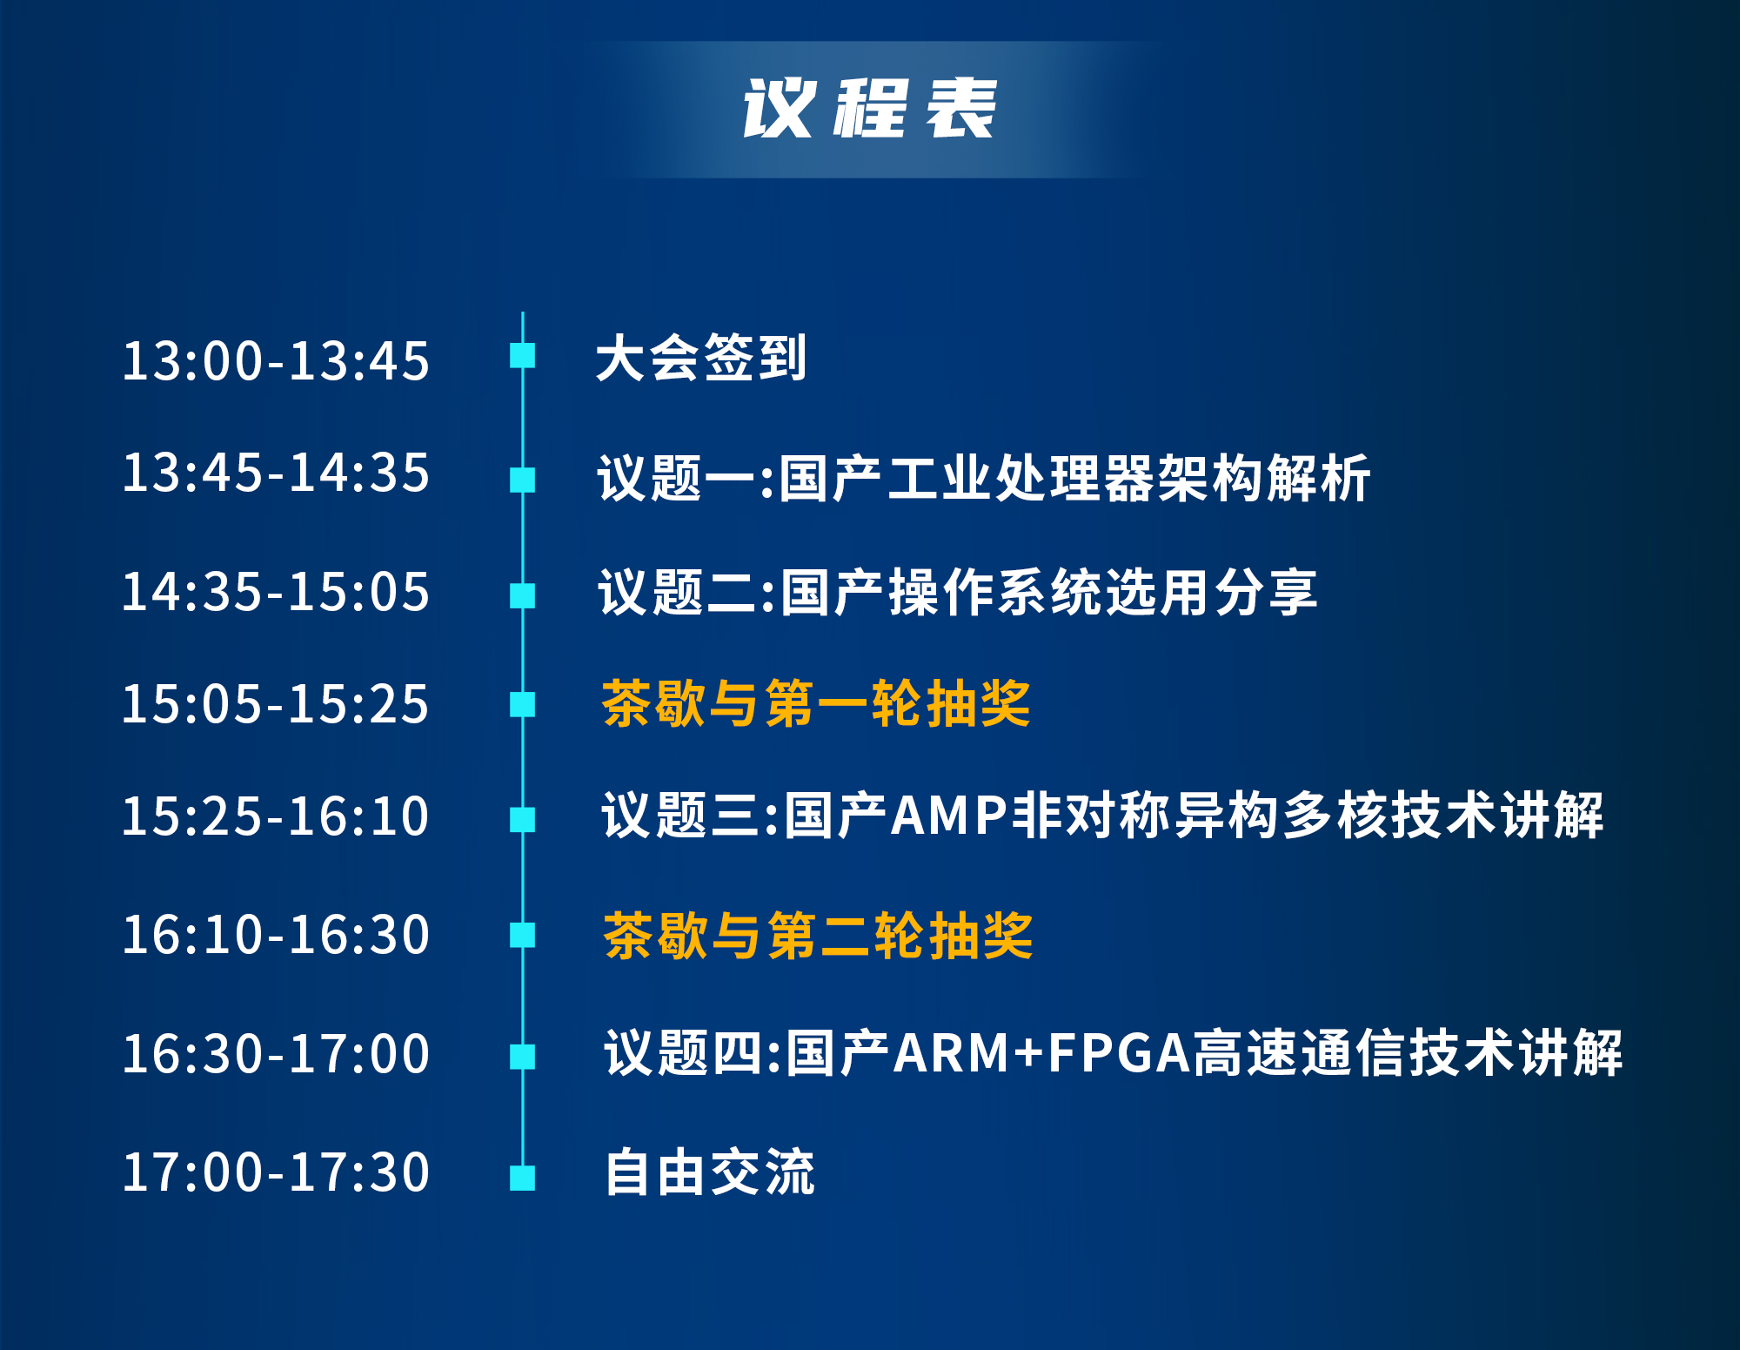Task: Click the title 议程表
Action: pyautogui.click(x=869, y=108)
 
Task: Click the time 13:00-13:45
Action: pyautogui.click(x=276, y=360)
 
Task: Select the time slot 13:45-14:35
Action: pyautogui.click(x=276, y=473)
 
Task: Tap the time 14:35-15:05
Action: pyautogui.click(x=276, y=592)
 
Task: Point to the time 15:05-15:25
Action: pyautogui.click(x=276, y=703)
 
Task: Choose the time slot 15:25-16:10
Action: pyautogui.click(x=276, y=816)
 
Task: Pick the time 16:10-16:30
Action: pyautogui.click(x=276, y=935)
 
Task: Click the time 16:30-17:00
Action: pyautogui.click(x=276, y=1054)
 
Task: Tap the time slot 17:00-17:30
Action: pyautogui.click(x=276, y=1172)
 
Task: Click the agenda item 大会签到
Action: pyautogui.click(x=701, y=358)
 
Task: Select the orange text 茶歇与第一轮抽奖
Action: pyautogui.click(x=816, y=703)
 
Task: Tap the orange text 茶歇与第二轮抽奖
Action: pyautogui.click(x=818, y=936)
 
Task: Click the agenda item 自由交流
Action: pyautogui.click(x=710, y=1172)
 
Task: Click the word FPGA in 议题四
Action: pyautogui.click(x=1119, y=1053)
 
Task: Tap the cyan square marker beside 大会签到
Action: pyautogui.click(x=522, y=355)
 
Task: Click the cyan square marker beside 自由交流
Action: pyautogui.click(x=522, y=1178)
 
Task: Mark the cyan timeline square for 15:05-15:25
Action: pyautogui.click(x=522, y=704)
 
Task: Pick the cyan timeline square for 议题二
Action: pyautogui.click(x=522, y=595)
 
